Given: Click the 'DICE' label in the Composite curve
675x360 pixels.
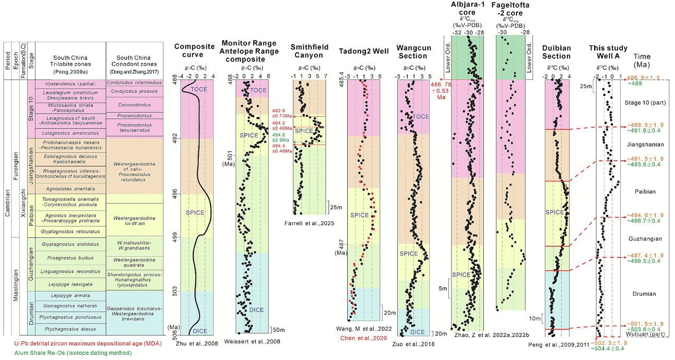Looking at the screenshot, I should click(196, 330).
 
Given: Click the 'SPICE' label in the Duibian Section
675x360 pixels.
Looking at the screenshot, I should click(554, 213).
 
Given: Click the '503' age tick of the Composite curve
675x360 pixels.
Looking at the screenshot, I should click(176, 289).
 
